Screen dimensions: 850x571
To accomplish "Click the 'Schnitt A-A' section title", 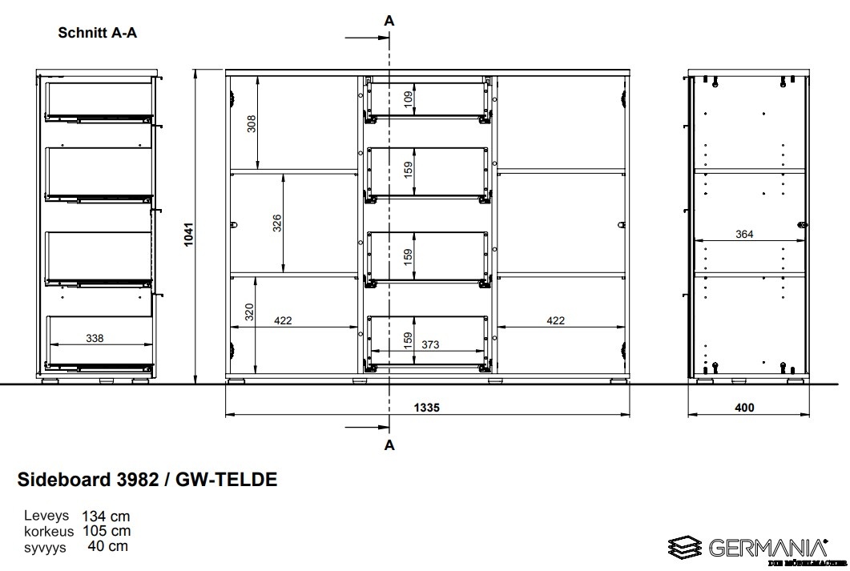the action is coord(98,33).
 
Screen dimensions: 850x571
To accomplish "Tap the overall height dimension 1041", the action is coord(188,234).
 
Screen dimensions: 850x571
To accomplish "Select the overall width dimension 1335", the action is coord(427,408).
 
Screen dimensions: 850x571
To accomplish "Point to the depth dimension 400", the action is coord(744,408).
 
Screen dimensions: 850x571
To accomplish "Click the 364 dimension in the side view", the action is coord(744,234).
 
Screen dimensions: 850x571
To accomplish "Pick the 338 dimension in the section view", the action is coord(95,338).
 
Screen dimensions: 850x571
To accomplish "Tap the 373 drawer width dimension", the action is coord(430,344).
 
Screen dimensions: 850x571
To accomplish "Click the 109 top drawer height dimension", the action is coord(409,98).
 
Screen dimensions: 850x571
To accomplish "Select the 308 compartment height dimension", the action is coord(252,124).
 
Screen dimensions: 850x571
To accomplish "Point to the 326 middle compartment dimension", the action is coord(277,223).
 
